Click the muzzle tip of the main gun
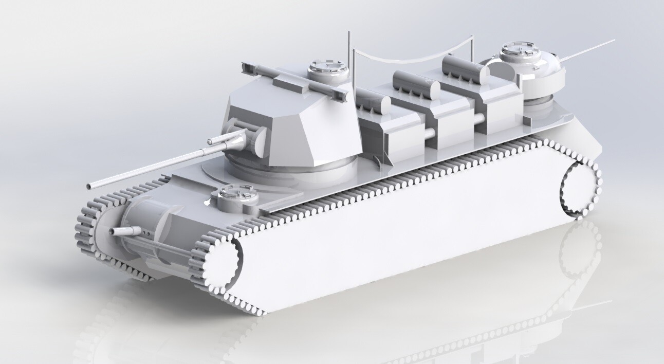(90, 185)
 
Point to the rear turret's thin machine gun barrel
(591, 49)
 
